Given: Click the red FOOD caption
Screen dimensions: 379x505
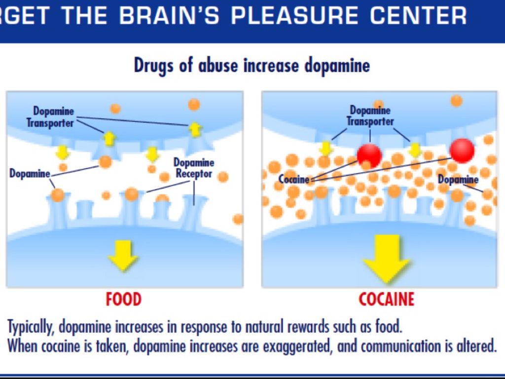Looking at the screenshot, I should coord(123,299).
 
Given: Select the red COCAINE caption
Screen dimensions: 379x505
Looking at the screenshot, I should coord(386,299).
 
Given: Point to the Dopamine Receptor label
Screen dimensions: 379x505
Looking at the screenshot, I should coord(194,168).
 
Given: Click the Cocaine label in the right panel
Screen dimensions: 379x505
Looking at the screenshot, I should coord(294,179).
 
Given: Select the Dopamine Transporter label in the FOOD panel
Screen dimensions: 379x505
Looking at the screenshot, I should coord(50,117).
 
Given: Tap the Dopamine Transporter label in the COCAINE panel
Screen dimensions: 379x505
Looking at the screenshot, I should coord(370,115).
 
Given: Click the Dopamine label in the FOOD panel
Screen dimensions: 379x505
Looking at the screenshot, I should coord(30,174).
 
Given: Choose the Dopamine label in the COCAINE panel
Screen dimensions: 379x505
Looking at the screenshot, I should coord(458,180).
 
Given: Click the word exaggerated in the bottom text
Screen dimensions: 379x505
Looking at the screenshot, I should coord(291,346).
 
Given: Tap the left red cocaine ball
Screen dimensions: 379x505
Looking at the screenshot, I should coord(369,155).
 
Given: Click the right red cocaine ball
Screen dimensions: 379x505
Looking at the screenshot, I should coord(462,150).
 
